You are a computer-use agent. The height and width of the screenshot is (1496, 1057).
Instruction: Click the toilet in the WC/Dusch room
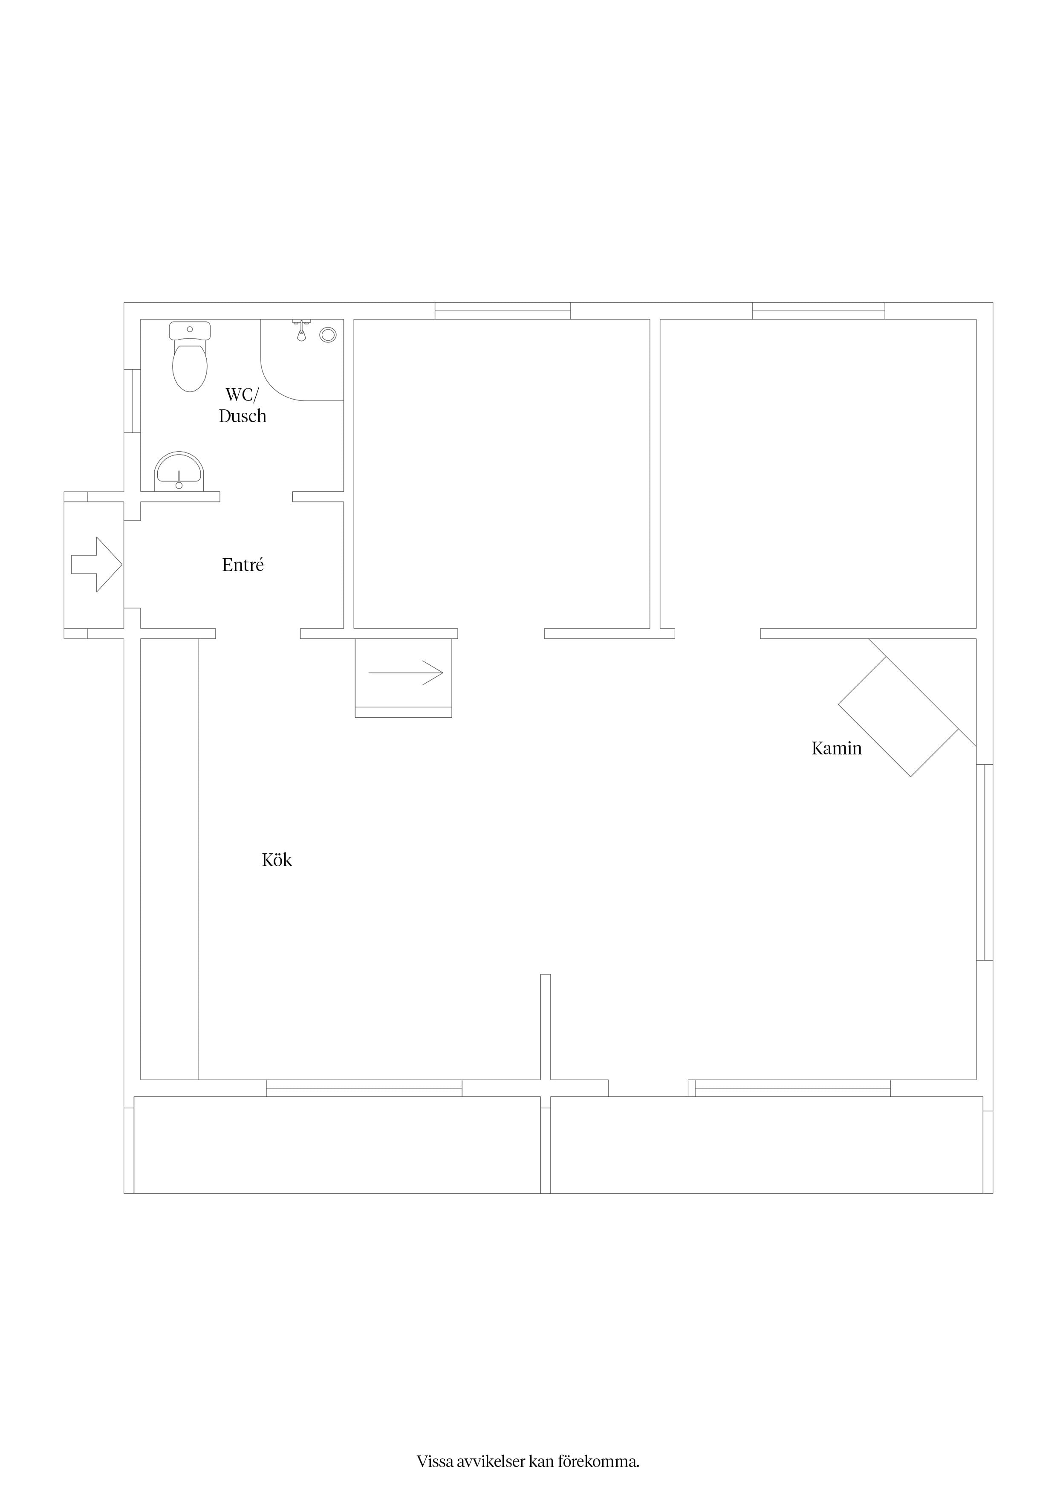point(190,357)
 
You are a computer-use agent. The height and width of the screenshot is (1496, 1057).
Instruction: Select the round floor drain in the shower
point(328,335)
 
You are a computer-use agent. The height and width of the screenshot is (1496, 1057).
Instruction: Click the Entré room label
point(243,565)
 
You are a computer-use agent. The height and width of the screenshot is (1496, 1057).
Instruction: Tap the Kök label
point(277,860)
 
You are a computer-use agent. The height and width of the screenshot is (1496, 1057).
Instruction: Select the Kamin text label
point(836,748)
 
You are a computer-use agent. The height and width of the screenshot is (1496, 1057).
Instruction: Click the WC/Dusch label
point(242,405)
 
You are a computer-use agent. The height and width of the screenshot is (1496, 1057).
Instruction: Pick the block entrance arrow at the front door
point(96,564)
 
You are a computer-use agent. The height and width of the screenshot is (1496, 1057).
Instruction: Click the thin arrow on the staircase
point(406,673)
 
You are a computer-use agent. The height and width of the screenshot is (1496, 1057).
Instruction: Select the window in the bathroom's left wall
point(132,401)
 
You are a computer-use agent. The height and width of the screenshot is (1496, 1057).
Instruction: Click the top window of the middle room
point(503,311)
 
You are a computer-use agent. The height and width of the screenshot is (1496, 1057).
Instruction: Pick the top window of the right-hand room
point(819,311)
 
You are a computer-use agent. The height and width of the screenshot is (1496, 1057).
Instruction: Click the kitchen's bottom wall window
point(364,1088)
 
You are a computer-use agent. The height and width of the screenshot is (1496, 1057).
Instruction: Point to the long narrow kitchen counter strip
point(169,859)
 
